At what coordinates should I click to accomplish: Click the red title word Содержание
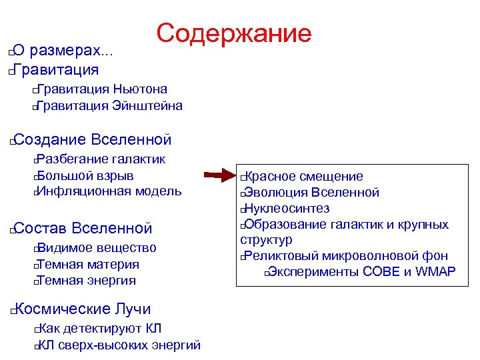point(234,33)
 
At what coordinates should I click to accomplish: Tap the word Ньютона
point(140,89)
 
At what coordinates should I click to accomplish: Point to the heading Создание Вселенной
point(92,139)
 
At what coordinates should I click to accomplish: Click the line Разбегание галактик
point(101,159)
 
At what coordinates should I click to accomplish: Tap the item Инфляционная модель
point(109,191)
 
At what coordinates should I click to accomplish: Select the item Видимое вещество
point(97,248)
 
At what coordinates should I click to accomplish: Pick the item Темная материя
point(88,265)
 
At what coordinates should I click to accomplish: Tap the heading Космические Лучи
point(82,309)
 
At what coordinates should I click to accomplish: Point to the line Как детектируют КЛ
point(99,329)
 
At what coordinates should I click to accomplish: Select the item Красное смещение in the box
point(305,177)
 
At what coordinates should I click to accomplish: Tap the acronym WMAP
point(435,271)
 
